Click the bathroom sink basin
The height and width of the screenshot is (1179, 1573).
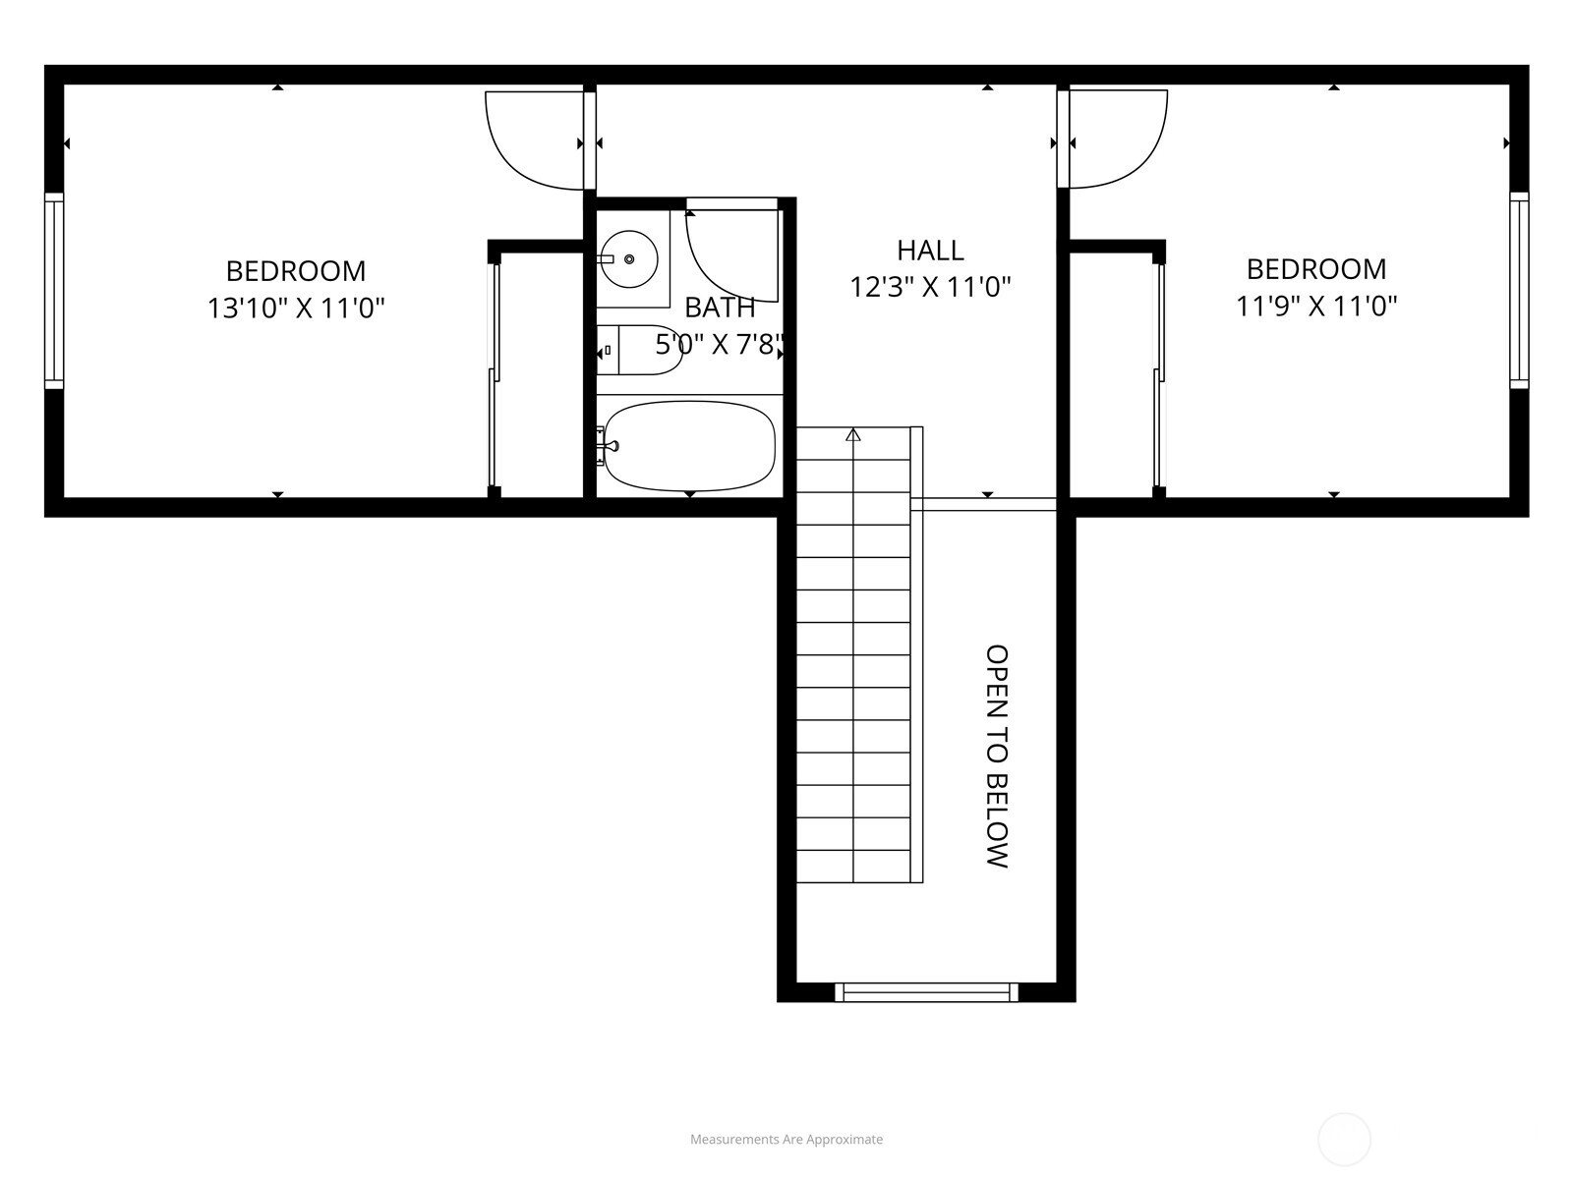629,259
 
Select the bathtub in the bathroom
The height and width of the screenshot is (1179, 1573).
688,445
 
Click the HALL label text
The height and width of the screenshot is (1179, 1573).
930,251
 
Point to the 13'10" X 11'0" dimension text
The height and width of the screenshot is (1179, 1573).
295,309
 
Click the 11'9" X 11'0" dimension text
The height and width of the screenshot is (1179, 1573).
1316,307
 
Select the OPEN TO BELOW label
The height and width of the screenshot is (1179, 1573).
997,757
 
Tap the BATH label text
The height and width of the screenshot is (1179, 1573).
720,308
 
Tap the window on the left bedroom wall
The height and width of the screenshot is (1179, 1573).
54,291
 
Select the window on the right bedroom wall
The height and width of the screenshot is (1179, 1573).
1519,291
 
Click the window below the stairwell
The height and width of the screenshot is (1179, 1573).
926,992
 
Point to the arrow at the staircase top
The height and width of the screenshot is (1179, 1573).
853,434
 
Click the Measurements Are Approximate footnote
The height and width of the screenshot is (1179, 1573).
786,1140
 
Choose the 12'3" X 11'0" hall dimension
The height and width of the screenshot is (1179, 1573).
930,287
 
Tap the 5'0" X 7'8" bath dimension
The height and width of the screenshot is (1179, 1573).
720,345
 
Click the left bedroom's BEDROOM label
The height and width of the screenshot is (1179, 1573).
295,270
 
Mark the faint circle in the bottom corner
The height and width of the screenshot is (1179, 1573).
1344,1140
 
